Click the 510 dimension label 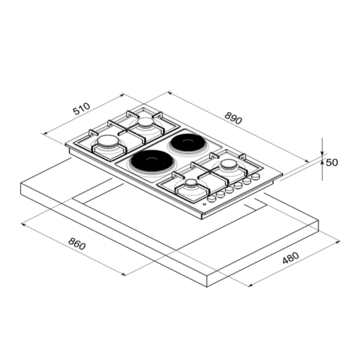pos(81,109)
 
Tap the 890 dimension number pos(233,118)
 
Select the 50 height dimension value pos(332,162)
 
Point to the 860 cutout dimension pos(77,244)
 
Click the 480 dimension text pos(291,258)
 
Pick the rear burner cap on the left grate pos(146,122)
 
